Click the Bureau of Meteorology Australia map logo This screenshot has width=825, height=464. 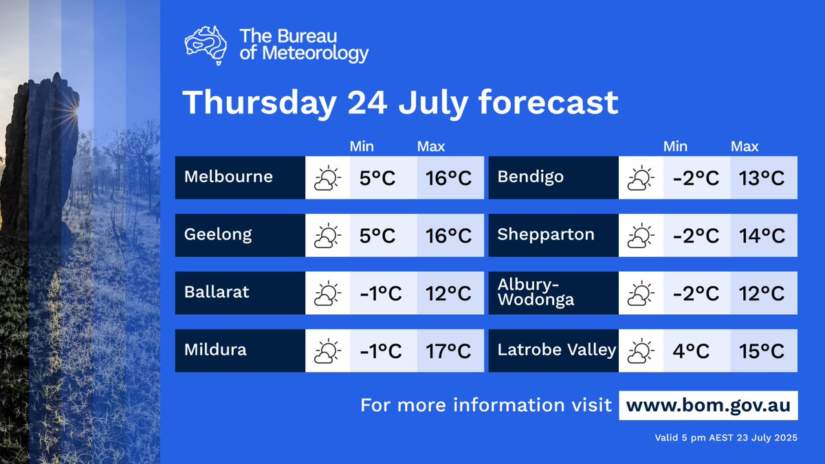click(x=206, y=45)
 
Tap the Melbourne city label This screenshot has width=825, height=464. click(x=228, y=177)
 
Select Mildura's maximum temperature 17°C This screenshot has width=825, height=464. click(x=450, y=351)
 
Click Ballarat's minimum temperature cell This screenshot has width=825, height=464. click(x=382, y=294)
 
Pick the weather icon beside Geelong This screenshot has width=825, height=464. click(x=327, y=236)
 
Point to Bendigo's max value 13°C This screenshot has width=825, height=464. click(x=763, y=178)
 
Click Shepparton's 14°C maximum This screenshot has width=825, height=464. click(x=763, y=236)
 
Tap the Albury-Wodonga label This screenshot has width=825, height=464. click(x=536, y=293)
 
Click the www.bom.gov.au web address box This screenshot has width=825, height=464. click(x=708, y=405)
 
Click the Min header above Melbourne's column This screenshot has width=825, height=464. click(x=362, y=146)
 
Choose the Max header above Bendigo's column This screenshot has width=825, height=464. click(x=745, y=146)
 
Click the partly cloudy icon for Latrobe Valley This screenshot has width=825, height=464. click(x=640, y=351)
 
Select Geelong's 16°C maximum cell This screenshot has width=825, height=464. click(x=450, y=236)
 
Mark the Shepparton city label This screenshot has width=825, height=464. click(x=545, y=234)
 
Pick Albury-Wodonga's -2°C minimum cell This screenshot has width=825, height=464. click(x=696, y=294)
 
